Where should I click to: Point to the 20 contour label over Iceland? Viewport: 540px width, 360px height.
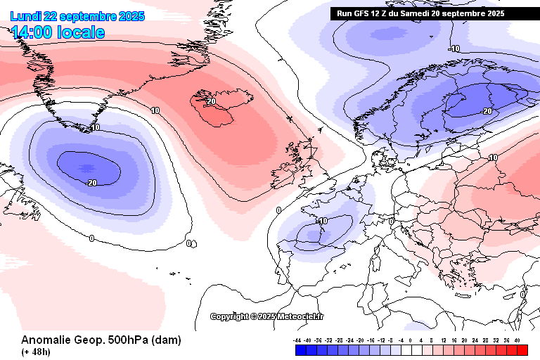pos(210,102)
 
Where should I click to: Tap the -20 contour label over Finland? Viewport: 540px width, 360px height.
pos(485,111)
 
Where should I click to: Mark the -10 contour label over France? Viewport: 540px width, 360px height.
pos(322,221)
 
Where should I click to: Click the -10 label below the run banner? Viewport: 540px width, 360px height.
pos(454,49)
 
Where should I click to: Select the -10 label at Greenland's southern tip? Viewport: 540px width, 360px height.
pos(94,127)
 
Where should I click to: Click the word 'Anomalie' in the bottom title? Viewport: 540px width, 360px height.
pos(46,340)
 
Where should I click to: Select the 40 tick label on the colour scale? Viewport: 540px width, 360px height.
pos(517,340)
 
